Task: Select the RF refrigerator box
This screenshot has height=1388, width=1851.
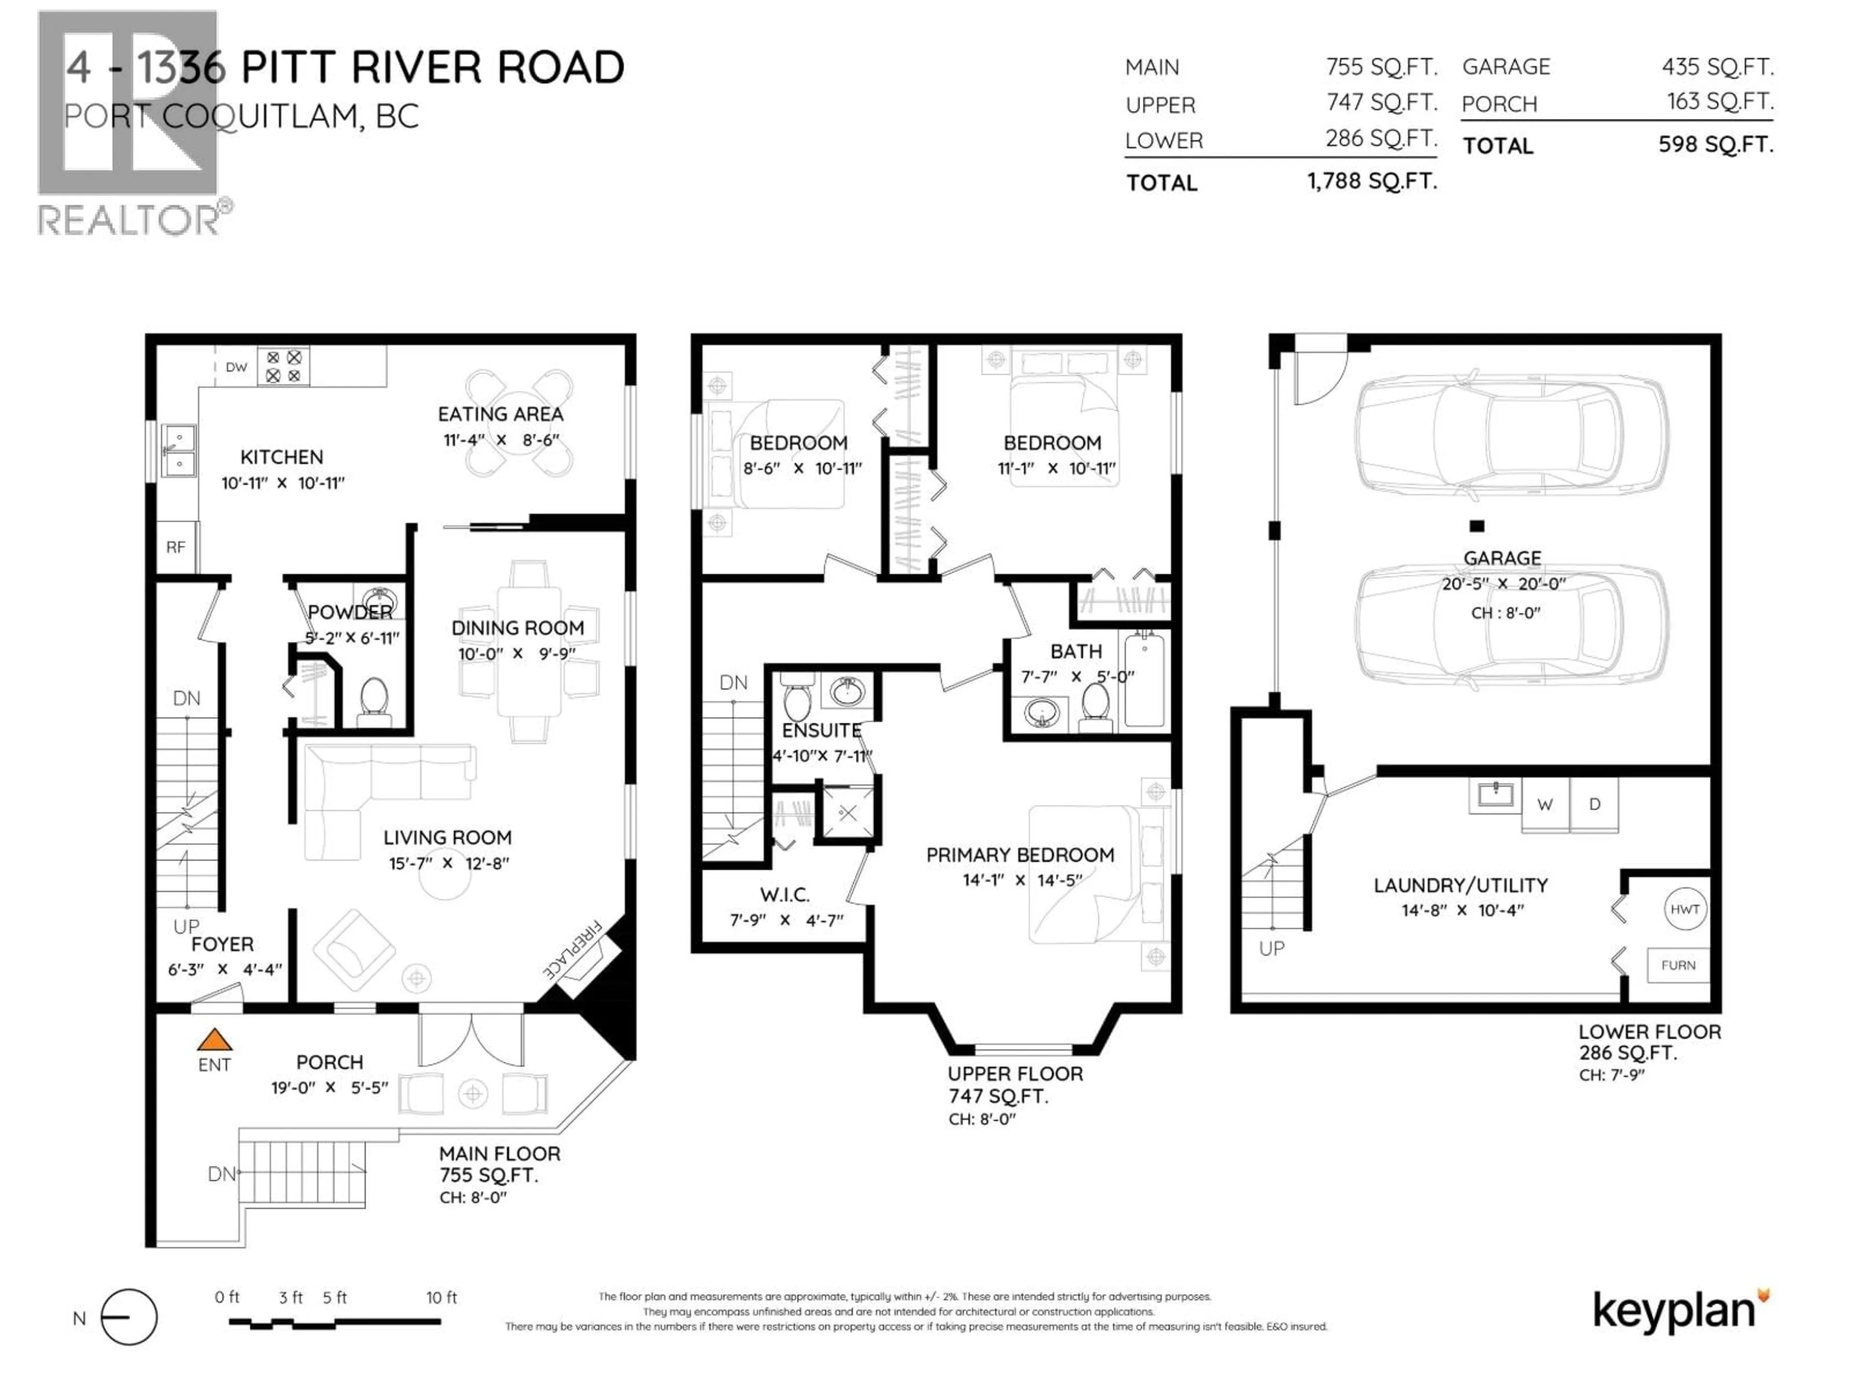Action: [x=176, y=547]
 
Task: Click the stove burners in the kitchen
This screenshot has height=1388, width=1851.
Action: [x=283, y=366]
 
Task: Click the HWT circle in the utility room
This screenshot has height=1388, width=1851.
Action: [x=1685, y=909]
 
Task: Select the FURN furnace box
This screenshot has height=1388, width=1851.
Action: [x=1678, y=965]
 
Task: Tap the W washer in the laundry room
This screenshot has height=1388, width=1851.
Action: [x=1545, y=805]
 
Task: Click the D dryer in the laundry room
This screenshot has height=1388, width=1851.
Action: [x=1594, y=805]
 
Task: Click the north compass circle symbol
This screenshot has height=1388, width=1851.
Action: [x=129, y=1317]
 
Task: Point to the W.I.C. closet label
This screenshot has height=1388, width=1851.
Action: [x=784, y=895]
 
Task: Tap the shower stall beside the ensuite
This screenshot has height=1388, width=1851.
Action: [x=848, y=812]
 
